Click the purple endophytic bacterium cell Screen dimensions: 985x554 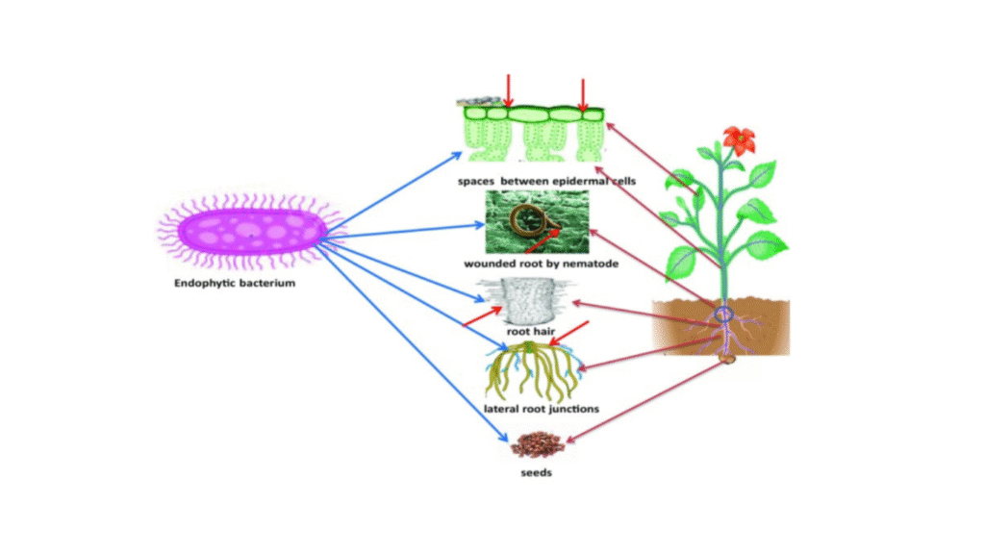(251, 232)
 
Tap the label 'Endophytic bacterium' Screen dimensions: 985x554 (235, 283)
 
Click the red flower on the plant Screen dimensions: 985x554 (740, 140)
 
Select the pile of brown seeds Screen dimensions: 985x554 (537, 444)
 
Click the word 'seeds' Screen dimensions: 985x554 (536, 472)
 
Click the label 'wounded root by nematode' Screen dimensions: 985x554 (541, 264)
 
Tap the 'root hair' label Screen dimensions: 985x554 (531, 331)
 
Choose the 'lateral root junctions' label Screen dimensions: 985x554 (541, 409)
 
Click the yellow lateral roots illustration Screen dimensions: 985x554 (534, 371)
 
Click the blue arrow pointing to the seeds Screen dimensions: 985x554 (414, 343)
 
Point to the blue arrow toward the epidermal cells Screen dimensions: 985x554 (394, 192)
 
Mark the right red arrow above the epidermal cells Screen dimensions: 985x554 (583, 95)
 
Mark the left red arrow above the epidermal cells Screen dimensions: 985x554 (508, 91)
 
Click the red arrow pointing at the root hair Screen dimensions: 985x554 (483, 315)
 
